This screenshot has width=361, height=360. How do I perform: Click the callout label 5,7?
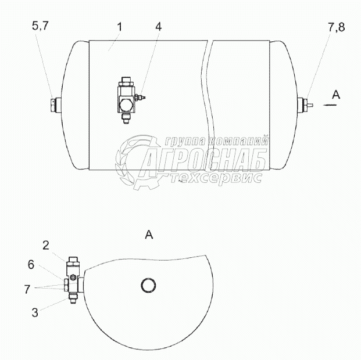click(x=40, y=26)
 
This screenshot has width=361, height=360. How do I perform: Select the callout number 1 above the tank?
click(x=119, y=27)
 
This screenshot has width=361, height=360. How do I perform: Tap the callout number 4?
click(x=158, y=27)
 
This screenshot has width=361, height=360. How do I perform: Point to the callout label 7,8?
click(x=337, y=27)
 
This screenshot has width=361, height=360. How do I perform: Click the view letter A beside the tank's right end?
click(x=336, y=95)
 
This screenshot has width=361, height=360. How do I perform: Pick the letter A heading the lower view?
click(x=149, y=235)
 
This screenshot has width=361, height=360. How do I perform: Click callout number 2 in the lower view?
click(x=46, y=246)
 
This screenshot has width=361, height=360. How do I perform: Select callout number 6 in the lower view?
click(x=31, y=265)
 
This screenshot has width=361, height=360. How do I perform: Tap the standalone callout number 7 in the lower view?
click(x=27, y=289)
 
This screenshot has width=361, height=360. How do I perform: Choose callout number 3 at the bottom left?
click(x=35, y=312)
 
